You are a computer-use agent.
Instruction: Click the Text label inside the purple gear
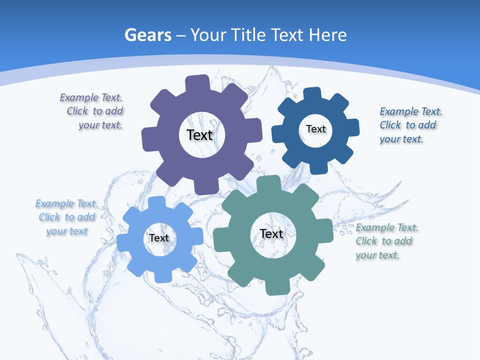pyautogui.click(x=199, y=135)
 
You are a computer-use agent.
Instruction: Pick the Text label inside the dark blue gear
pyautogui.click(x=315, y=129)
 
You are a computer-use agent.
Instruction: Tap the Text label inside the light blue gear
pyautogui.click(x=159, y=238)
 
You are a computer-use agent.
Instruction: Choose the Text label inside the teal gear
pyautogui.click(x=271, y=233)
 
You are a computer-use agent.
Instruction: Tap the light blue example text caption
pyautogui.click(x=66, y=217)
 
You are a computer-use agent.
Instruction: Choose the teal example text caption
pyautogui.click(x=385, y=241)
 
